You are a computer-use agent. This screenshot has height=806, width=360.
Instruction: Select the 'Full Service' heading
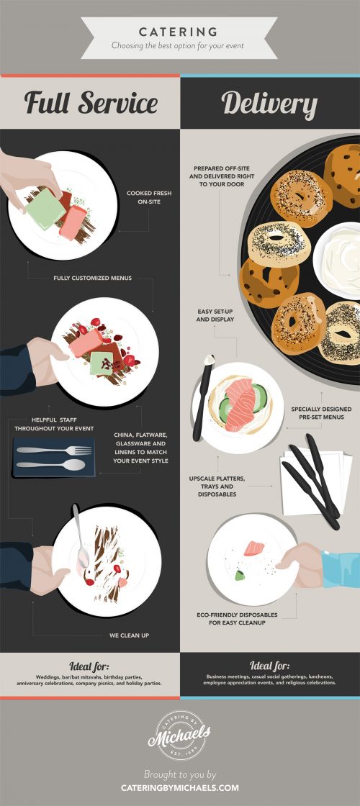(91, 103)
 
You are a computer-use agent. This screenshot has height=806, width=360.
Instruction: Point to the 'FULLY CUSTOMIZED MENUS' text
(92, 277)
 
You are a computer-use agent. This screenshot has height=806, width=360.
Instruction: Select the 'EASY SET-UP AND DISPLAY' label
(215, 314)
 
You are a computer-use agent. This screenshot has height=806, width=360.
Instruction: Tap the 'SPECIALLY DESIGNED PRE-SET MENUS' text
(317, 413)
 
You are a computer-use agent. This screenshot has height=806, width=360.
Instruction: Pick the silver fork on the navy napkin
(54, 450)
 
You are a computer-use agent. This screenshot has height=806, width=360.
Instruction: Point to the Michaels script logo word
(179, 736)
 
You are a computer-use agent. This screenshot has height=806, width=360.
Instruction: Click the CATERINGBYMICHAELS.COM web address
(179, 787)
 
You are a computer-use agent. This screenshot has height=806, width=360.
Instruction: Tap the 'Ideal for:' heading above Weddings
(90, 665)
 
